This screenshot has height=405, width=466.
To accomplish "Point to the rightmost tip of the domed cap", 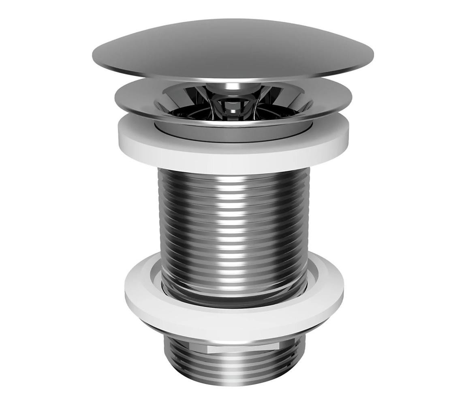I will [x=372, y=57].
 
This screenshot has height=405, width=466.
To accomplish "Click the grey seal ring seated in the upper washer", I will [x=233, y=132].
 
